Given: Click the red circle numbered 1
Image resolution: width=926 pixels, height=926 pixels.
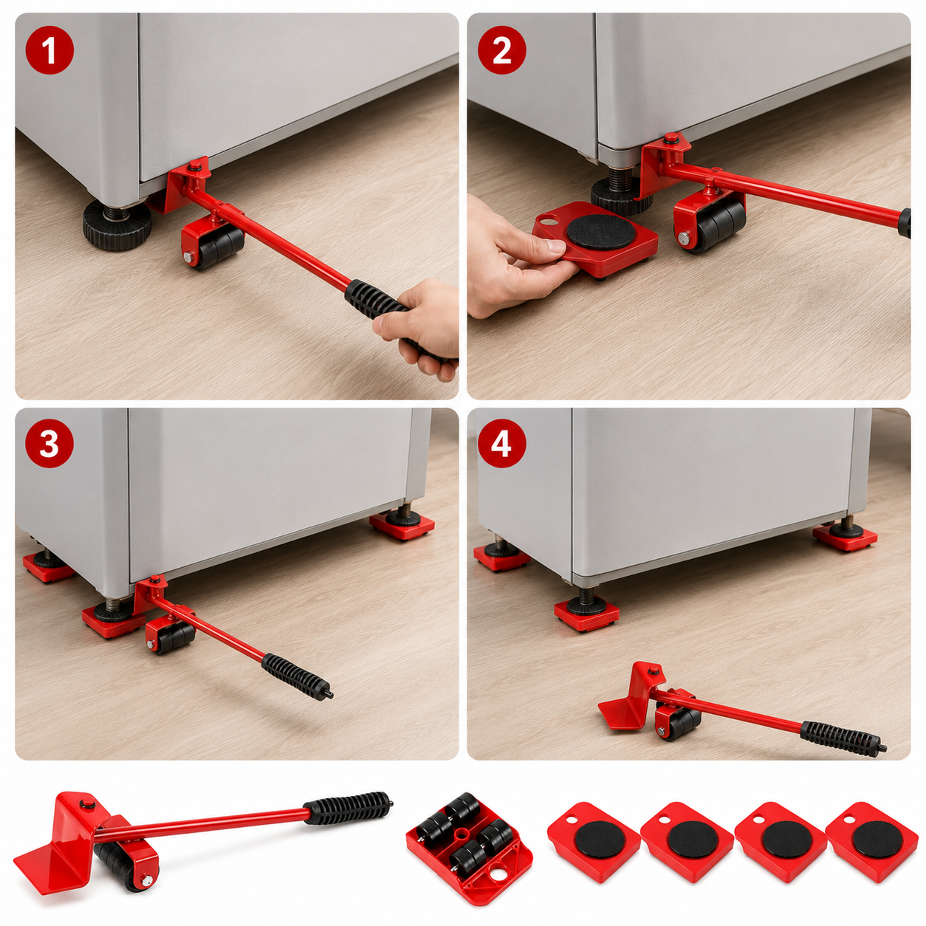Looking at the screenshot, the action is click(49, 51).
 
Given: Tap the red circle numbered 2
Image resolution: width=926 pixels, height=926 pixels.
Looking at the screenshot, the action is click(501, 51).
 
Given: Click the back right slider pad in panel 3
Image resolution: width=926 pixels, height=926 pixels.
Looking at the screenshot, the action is click(402, 528).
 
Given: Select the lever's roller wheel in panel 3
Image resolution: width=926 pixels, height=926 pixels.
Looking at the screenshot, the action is click(176, 637).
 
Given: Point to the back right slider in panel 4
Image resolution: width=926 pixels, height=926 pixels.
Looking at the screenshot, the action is click(844, 537).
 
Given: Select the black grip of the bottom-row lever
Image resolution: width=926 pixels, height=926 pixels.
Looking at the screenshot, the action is click(347, 809).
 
